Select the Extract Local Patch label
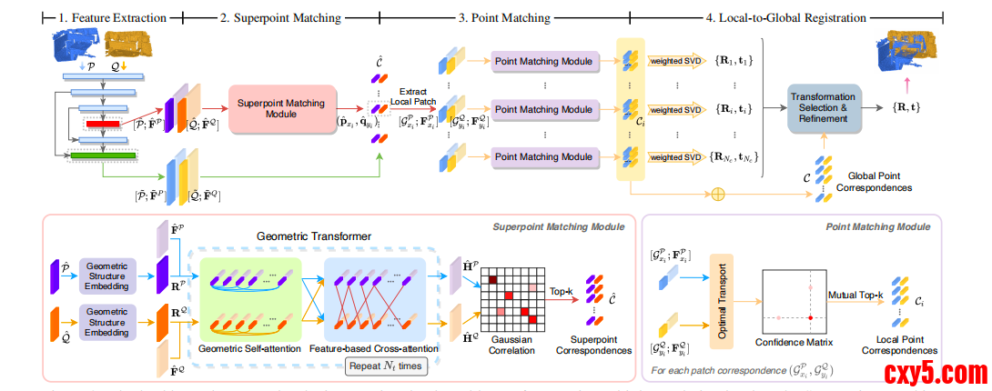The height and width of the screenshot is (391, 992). click(413, 95)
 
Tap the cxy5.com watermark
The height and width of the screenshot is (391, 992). click(936, 373)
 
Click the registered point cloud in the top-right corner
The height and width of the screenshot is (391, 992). click(911, 54)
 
